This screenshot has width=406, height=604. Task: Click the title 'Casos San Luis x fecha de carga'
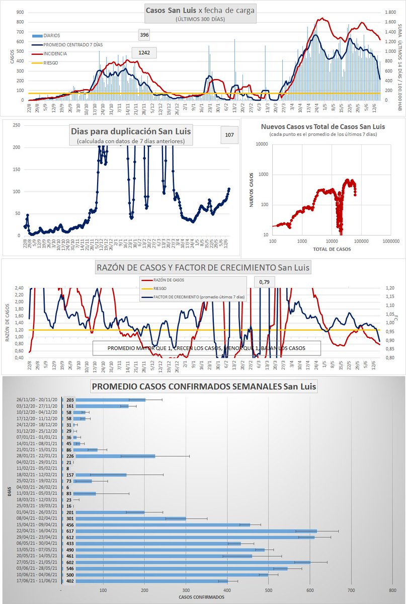(x=200, y=10)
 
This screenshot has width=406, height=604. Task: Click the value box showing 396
(x=144, y=35)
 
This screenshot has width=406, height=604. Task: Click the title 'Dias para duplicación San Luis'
(x=131, y=132)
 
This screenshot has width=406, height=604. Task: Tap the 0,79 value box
(x=264, y=281)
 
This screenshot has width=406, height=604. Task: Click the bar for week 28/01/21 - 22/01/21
(x=115, y=456)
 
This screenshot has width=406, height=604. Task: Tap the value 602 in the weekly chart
(x=70, y=562)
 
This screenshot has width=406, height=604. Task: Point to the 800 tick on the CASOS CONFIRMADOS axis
(x=392, y=590)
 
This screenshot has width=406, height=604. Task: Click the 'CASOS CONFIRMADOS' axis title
(x=201, y=597)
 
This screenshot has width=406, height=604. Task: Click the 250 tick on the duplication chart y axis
(x=17, y=125)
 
